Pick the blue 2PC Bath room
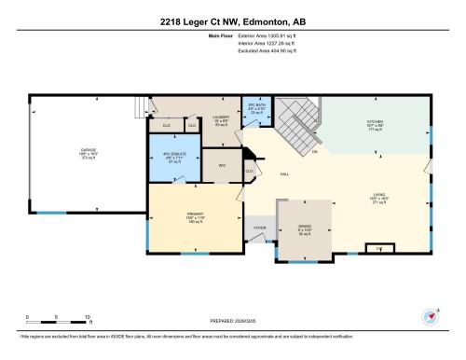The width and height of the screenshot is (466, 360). [255, 112]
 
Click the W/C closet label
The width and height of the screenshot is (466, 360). [223, 166]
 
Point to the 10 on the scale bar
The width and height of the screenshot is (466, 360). [87, 318]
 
